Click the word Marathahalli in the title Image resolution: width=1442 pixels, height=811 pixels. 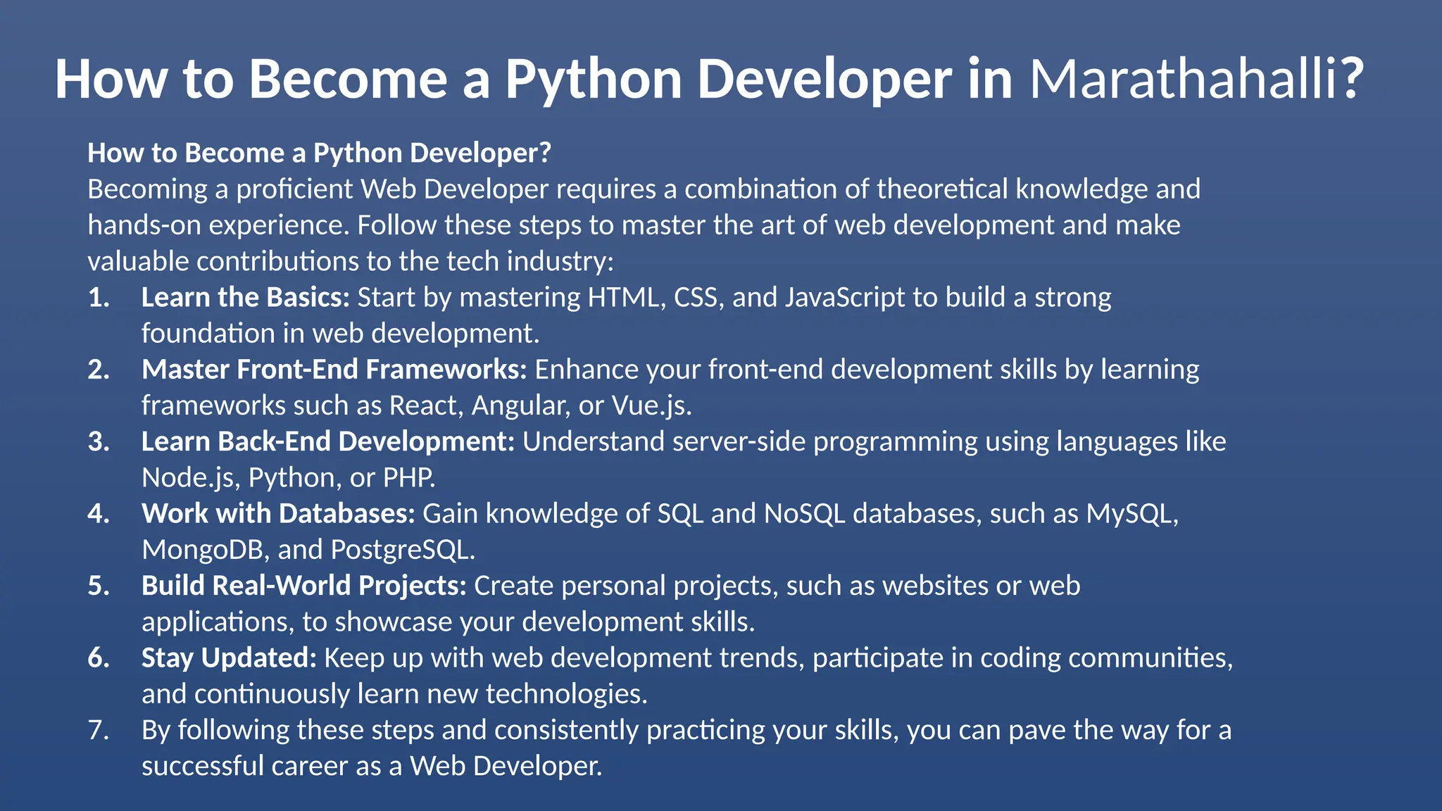(x=1183, y=79)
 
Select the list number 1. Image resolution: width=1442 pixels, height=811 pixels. (x=99, y=298)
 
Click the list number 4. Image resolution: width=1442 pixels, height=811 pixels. (x=99, y=514)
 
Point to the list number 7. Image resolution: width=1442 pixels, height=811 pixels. (x=99, y=730)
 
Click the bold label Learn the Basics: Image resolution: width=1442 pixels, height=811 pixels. (x=245, y=298)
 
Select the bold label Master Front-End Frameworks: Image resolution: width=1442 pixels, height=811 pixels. (x=334, y=370)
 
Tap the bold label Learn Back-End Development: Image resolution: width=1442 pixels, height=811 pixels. (x=327, y=441)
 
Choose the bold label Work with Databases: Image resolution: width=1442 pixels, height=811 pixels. (x=278, y=514)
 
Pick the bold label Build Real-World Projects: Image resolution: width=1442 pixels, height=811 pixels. (x=303, y=586)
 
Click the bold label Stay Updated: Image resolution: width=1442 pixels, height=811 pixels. (x=229, y=658)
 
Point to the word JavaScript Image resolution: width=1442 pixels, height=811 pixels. (x=844, y=298)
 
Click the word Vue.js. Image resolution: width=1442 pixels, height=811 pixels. (x=651, y=405)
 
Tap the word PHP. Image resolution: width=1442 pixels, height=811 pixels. (x=408, y=478)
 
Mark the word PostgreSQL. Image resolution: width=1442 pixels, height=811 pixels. (x=402, y=550)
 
